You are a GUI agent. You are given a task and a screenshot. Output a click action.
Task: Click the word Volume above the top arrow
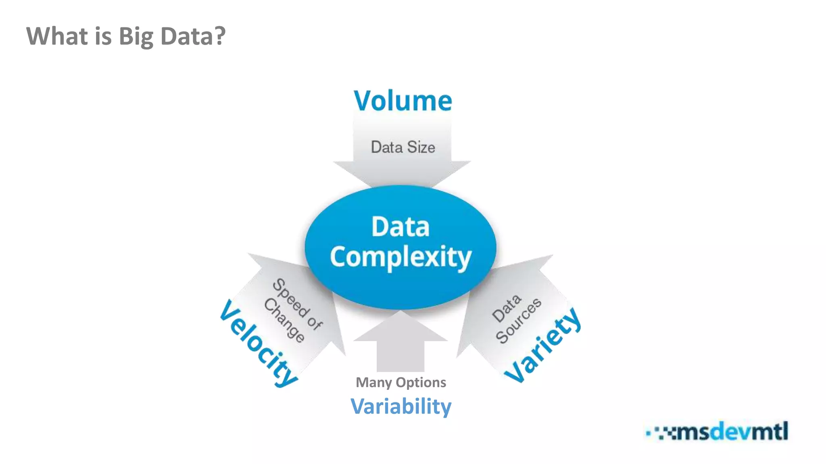[x=403, y=101]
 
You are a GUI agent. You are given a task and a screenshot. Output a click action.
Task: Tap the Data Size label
[x=403, y=147]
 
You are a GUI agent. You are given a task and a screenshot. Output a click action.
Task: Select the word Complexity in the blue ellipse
[x=400, y=257]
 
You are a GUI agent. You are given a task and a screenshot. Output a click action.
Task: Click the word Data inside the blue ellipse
[x=400, y=226]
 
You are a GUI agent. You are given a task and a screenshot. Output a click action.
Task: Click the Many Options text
[x=400, y=382]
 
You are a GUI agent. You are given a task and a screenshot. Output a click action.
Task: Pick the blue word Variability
[x=400, y=406]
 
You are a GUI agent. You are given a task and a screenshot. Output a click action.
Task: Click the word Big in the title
[x=136, y=36]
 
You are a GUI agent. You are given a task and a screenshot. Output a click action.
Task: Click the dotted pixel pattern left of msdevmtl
[x=661, y=433]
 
